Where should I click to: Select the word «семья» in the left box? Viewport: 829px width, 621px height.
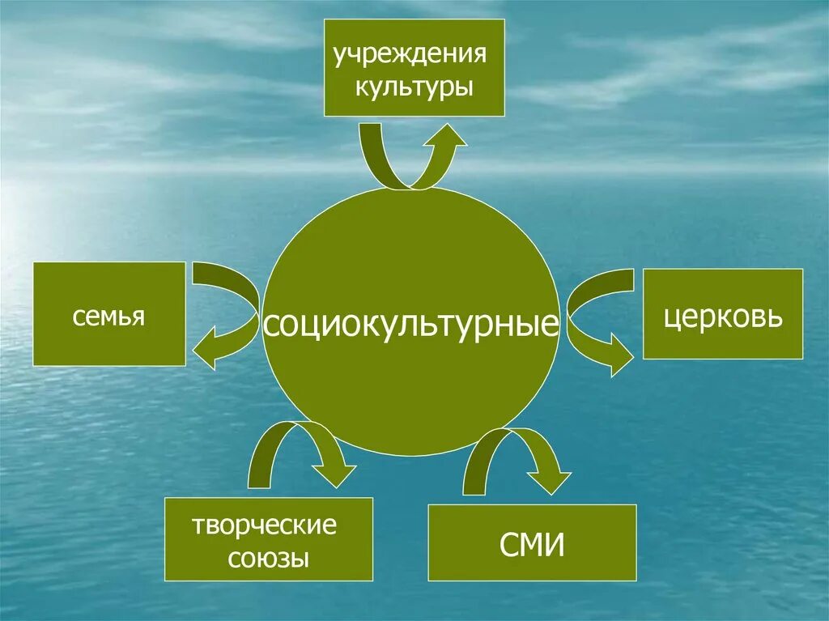tap(108, 315)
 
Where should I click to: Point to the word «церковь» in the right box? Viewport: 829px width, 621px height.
tap(724, 316)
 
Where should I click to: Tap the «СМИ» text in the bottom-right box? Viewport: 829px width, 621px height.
tap(532, 544)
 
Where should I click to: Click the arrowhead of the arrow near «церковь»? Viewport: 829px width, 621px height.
tap(619, 357)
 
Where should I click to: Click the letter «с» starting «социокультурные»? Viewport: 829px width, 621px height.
tap(271, 325)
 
